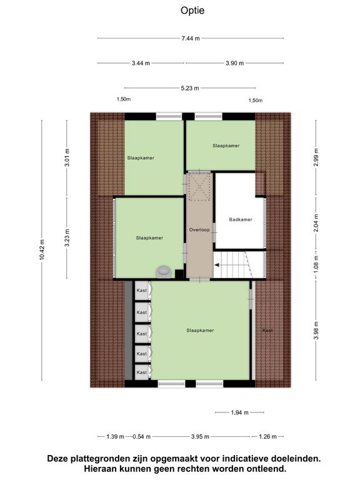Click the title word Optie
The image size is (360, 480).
point(192,11)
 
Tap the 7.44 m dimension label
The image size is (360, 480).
point(191,39)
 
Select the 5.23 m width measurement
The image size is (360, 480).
point(190,88)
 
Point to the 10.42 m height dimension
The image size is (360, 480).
point(42,250)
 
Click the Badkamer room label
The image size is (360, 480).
point(240,219)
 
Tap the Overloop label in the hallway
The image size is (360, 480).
point(199,229)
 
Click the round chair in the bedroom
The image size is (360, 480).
point(164,271)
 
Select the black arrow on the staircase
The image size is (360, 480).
point(217,265)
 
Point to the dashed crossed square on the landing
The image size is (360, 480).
point(199,186)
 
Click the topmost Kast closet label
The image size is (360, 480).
point(141,290)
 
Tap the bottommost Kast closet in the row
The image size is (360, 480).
point(141,372)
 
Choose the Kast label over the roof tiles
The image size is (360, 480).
point(267,330)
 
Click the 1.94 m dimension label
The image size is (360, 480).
point(240,412)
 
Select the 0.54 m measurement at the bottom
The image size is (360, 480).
point(141,437)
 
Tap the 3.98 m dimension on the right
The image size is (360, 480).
point(316,330)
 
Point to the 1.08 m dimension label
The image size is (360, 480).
point(316,264)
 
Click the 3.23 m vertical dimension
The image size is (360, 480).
point(67,237)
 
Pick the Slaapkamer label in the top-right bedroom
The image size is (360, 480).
point(226,146)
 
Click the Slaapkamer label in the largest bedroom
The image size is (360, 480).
point(200,330)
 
